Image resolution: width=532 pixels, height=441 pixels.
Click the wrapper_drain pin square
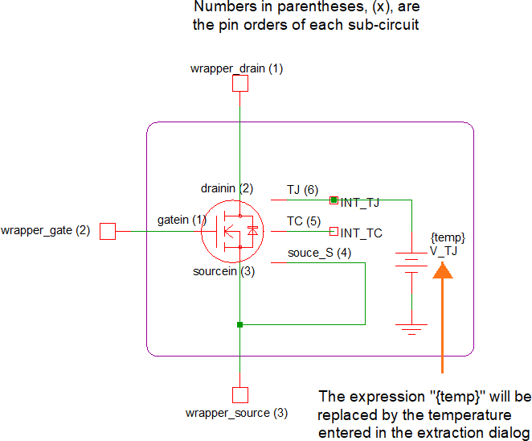pos(239,83)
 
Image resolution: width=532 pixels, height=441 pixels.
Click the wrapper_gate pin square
pos(108,232)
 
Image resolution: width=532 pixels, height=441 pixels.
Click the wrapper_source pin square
pos(239,395)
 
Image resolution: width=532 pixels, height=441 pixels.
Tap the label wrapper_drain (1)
pos(236,68)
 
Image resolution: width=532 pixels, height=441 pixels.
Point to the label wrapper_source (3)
pos(236,413)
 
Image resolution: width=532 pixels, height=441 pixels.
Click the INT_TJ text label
pos(361,203)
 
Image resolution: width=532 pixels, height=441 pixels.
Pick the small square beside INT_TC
pos(334,232)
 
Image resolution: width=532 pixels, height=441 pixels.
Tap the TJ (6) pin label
pos(302,190)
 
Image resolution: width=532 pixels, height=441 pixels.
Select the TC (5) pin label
pos(304,220)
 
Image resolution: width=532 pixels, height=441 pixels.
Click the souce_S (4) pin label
pos(319,254)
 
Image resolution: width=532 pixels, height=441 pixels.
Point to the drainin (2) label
pos(227,188)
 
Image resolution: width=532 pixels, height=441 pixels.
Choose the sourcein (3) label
pos(223,271)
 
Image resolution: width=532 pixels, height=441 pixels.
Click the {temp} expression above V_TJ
pos(448,238)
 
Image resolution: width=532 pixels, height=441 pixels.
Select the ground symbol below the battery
pos(411,328)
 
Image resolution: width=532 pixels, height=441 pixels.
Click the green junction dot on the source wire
pos(239,325)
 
